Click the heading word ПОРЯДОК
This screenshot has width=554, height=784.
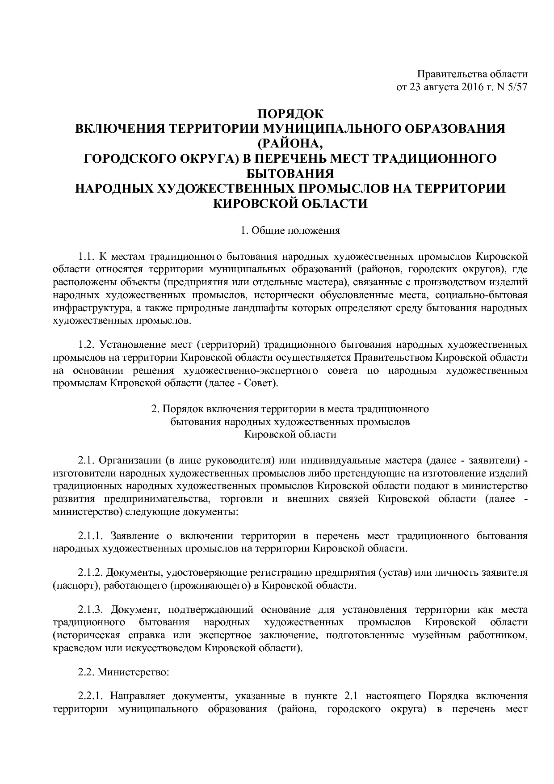point(290,114)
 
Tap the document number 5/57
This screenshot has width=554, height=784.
point(517,87)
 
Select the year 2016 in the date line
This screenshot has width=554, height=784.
point(469,87)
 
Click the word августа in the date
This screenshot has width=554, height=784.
point(439,87)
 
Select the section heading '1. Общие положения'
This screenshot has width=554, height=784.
point(290,231)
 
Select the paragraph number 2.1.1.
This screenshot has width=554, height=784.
point(91,536)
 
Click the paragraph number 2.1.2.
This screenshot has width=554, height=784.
point(91,573)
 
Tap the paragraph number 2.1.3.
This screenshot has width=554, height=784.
point(91,610)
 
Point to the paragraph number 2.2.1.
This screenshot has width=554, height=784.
point(91,696)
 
